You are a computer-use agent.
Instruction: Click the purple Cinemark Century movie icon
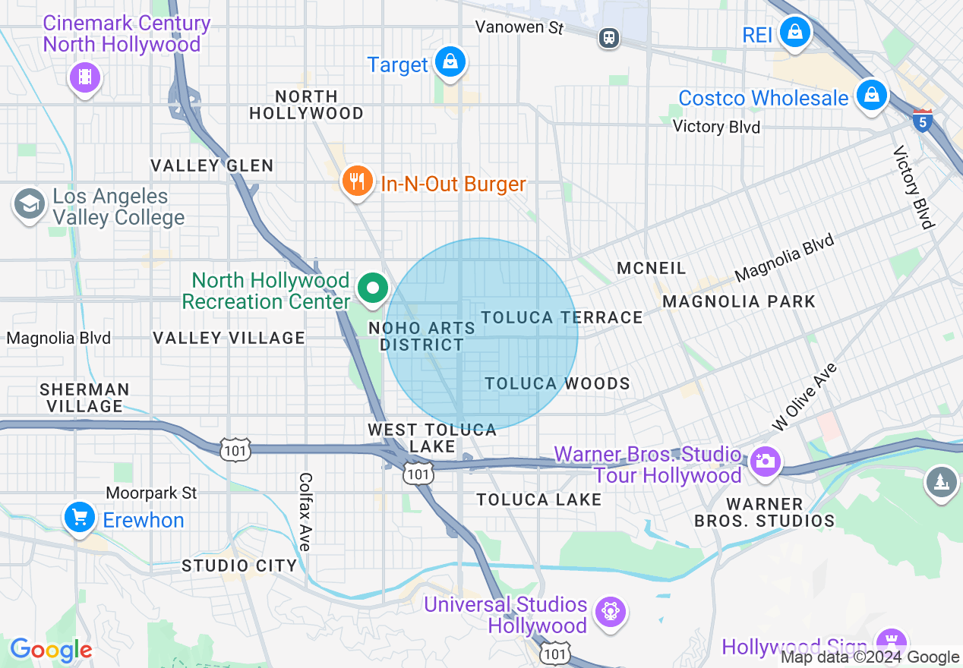(x=85, y=77)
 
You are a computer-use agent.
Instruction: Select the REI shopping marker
(x=794, y=32)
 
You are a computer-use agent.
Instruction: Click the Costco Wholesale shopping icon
(x=872, y=96)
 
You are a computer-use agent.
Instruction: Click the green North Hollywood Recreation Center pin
(x=372, y=289)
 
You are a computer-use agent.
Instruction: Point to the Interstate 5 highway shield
(x=922, y=120)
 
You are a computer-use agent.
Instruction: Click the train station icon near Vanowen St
(x=608, y=37)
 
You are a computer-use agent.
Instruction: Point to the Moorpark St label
(x=151, y=493)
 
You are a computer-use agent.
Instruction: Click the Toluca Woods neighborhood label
(x=557, y=383)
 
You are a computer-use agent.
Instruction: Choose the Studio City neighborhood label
(x=238, y=566)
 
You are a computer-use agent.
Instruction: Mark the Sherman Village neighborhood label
(x=84, y=398)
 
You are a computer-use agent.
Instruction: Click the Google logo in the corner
(x=51, y=650)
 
